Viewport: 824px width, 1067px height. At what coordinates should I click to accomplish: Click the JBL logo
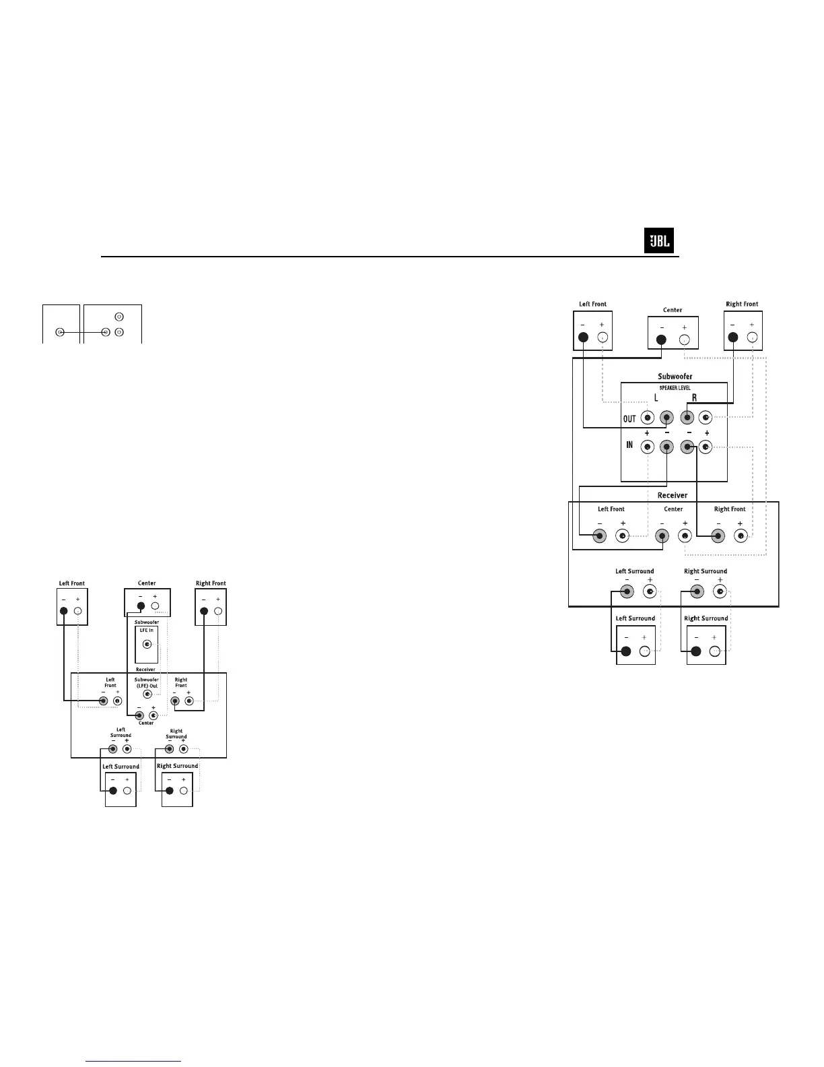[659, 241]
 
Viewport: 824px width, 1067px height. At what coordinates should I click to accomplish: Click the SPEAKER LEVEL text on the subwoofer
[674, 388]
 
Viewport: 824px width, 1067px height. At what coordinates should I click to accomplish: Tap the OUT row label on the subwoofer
[629, 419]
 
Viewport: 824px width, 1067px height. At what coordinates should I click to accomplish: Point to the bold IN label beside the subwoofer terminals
[629, 445]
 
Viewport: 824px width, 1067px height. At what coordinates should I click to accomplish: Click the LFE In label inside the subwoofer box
[147, 630]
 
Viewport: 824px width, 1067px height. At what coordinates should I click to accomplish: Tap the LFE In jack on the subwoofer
[147, 644]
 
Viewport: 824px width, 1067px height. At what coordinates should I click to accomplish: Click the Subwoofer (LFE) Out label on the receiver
[147, 683]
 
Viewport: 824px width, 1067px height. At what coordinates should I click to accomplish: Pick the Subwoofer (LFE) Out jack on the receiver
[147, 694]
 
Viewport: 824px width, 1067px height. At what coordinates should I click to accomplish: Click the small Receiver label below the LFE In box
[146, 670]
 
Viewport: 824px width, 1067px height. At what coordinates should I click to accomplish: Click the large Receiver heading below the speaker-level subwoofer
[673, 495]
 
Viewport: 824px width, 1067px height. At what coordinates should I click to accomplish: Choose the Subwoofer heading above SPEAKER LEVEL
[675, 377]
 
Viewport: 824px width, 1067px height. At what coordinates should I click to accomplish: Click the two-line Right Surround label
[176, 734]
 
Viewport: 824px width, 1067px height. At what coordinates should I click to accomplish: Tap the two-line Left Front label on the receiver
[110, 682]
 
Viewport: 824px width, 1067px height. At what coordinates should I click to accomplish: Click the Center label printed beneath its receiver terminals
[146, 723]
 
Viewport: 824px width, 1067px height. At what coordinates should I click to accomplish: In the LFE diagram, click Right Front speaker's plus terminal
[217, 612]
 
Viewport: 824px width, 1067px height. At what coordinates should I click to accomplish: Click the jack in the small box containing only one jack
[60, 332]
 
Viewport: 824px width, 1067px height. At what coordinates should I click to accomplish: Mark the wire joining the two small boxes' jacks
[82, 332]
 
